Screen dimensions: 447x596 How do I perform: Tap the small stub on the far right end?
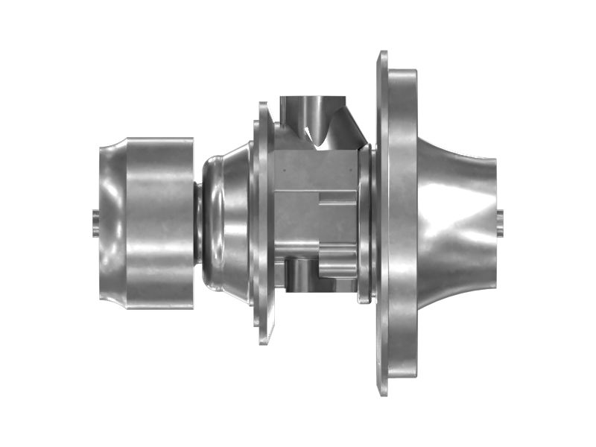tap(499, 220)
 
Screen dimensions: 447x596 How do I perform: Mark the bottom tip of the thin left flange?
tap(264, 340)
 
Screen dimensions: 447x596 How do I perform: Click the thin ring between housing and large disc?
tap(364, 223)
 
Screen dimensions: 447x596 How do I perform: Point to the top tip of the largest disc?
tap(383, 56)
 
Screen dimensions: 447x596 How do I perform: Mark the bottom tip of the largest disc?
tap(383, 391)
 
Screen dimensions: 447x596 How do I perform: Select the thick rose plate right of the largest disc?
tap(402, 223)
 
